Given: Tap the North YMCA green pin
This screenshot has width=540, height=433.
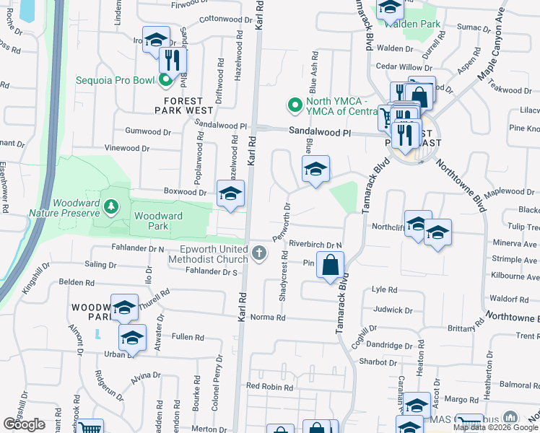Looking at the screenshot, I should (295, 106).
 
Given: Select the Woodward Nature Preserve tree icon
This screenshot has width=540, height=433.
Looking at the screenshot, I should (110, 208).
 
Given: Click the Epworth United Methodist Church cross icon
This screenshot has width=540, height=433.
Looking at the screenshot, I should (260, 253).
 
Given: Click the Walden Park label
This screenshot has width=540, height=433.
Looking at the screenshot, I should (413, 24).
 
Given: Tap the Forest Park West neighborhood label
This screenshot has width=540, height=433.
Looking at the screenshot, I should (183, 105).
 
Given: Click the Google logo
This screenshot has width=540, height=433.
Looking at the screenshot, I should (25, 424).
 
